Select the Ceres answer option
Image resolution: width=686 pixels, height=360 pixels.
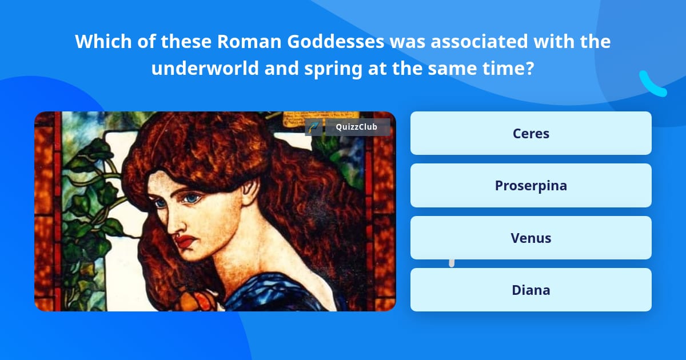click(531, 133)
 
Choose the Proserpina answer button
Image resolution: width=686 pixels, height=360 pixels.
click(531, 186)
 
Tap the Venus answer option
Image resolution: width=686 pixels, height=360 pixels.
click(531, 238)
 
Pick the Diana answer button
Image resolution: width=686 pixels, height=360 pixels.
click(531, 290)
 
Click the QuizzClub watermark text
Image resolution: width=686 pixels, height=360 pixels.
click(356, 127)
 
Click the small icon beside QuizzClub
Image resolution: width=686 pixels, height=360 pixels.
click(313, 127)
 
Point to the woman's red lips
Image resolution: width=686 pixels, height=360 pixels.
click(186, 241)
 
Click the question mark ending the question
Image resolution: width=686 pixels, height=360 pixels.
click(529, 69)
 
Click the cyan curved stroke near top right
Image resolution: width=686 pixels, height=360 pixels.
click(652, 85)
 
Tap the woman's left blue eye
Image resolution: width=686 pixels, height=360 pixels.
click(192, 198)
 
